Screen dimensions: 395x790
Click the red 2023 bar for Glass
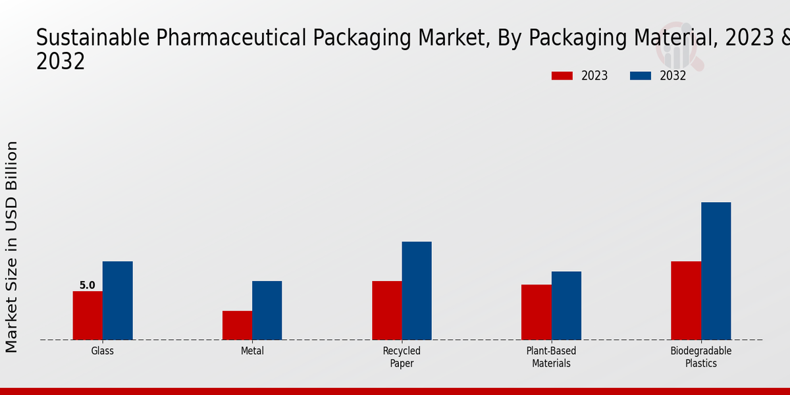pos(88,315)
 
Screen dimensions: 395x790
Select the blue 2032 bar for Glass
pos(117,300)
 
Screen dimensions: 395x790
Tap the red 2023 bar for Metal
pos(237,325)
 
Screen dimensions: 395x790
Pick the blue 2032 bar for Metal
pos(267,310)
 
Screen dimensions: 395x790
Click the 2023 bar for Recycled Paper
pos(386,310)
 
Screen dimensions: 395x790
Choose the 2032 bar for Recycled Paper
pos(417,290)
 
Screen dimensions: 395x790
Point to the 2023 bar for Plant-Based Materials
pos(536,312)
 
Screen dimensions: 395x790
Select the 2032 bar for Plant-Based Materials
pos(566,305)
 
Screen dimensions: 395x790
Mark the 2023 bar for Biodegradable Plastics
pos(686,300)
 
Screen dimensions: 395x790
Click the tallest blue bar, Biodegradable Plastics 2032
pos(716,271)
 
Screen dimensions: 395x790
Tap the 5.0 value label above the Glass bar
pos(88,286)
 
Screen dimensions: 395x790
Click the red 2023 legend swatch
pos(562,76)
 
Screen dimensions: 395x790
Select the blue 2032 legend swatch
pos(641,76)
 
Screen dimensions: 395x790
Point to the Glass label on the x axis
pos(103,351)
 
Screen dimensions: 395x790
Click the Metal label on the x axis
pos(252,351)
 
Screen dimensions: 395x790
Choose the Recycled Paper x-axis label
pos(402,357)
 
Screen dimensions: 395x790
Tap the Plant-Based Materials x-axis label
pos(551,357)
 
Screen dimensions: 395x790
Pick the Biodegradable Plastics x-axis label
pos(701,357)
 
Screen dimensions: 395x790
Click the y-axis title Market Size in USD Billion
pos(12,247)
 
